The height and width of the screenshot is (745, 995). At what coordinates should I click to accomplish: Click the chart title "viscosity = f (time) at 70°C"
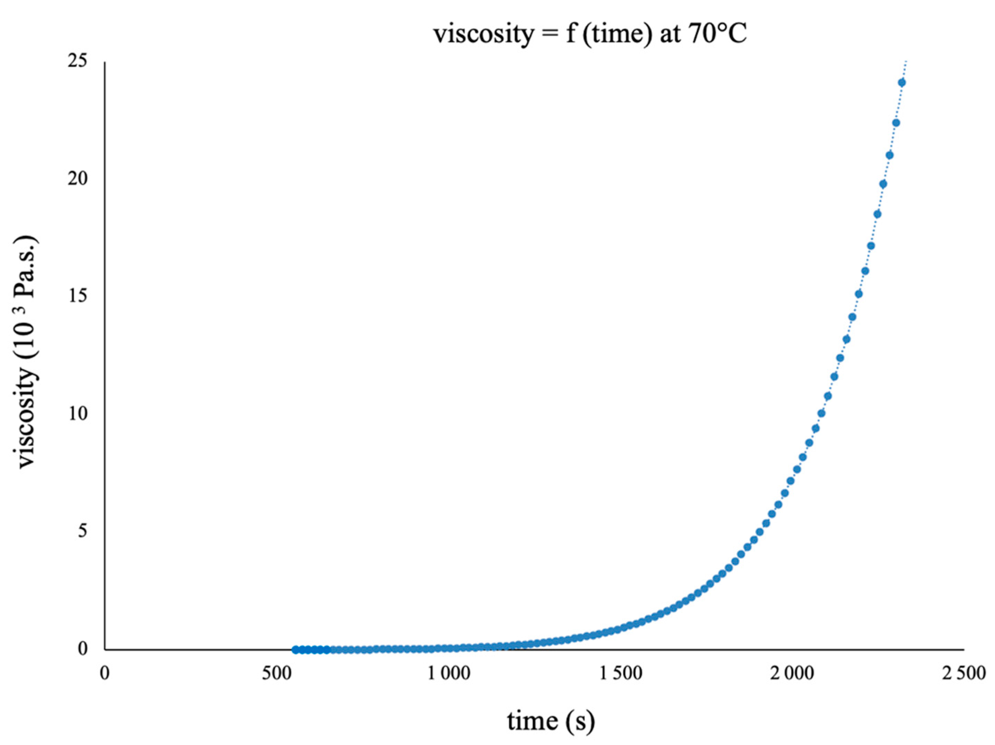point(590,34)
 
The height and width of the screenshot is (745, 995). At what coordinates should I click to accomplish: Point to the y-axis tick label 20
point(77,179)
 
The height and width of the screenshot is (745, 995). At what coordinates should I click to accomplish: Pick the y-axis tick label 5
point(82,531)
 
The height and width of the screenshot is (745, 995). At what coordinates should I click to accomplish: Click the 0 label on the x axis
point(105,673)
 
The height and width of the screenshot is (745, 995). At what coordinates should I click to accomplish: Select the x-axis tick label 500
point(277,673)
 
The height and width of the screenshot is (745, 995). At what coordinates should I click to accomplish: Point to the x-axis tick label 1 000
point(449,673)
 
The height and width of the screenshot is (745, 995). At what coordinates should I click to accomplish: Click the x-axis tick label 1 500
point(621,673)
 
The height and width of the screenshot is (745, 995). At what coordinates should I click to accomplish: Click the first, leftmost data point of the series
point(295,649)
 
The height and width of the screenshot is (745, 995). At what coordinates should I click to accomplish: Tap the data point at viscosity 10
point(821,413)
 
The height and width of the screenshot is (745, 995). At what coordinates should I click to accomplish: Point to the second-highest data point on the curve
point(896,122)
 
